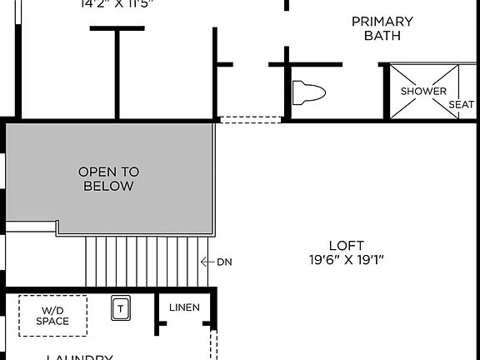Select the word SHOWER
coord(423,91)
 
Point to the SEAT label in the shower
coord(462,104)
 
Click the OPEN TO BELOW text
coord(108,179)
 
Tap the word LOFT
coord(346,245)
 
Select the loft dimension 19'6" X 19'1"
coord(346,259)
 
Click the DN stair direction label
coord(224,262)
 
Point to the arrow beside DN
coord(207,262)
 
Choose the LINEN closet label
coord(184,307)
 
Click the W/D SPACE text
coord(52,316)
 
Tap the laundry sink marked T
coord(121,309)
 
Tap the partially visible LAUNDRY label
coord(79,357)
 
